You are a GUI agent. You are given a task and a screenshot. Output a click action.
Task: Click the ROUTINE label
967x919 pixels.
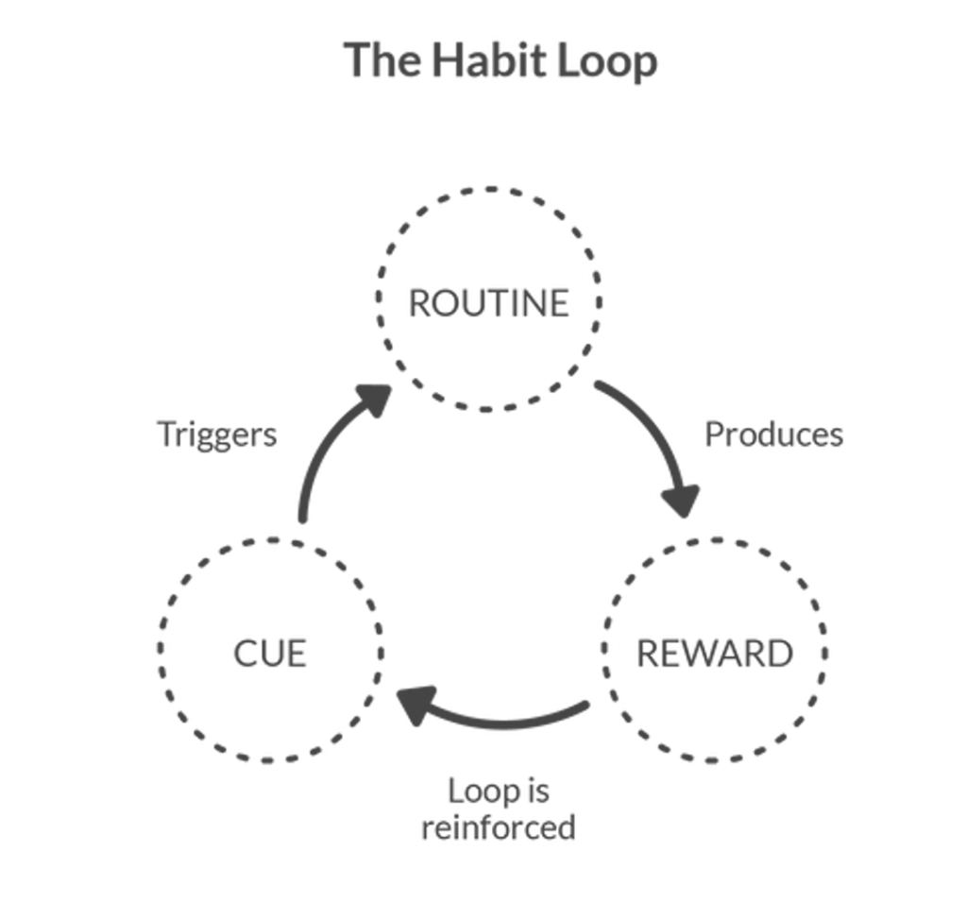pos(487,301)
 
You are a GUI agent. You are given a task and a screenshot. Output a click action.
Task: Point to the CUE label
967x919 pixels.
pos(269,651)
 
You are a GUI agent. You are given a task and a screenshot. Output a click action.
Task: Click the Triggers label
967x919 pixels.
pos(218,434)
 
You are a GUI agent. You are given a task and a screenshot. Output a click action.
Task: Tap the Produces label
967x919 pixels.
pos(773,434)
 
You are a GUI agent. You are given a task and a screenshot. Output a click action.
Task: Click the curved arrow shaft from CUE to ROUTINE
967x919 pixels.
pos(316,463)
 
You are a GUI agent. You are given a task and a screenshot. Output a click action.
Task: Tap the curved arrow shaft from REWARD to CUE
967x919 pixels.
pos(510,720)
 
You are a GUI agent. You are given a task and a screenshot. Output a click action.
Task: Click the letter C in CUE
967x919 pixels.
pos(241,651)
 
